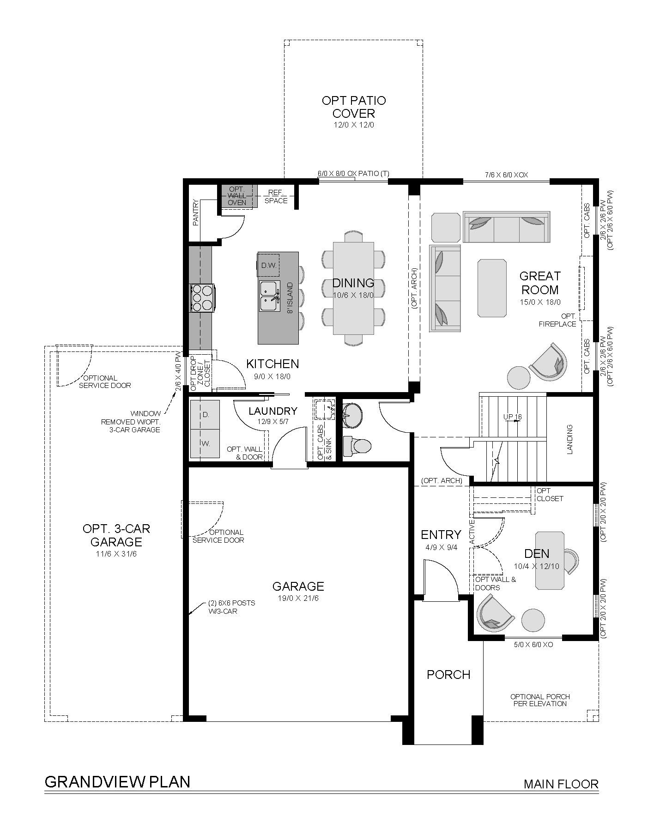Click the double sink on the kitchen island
pyautogui.click(x=269, y=296)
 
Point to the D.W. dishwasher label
pyautogui.click(x=268, y=266)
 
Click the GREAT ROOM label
pyautogui.click(x=539, y=283)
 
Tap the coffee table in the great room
pyautogui.click(x=492, y=288)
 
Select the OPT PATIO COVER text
pyautogui.click(x=353, y=107)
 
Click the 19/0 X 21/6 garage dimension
pyautogui.click(x=298, y=598)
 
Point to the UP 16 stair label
pyautogui.click(x=512, y=417)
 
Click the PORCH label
pyautogui.click(x=448, y=675)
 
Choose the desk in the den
pyautogui.click(x=550, y=560)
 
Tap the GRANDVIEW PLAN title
pyautogui.click(x=117, y=781)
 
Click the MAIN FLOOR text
pyautogui.click(x=561, y=784)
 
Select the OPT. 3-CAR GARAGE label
pyautogui.click(x=116, y=535)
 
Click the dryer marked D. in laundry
pyautogui.click(x=205, y=414)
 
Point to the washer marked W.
pyautogui.click(x=205, y=443)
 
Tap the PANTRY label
pyautogui.click(x=195, y=212)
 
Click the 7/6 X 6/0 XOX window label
pyautogui.click(x=507, y=175)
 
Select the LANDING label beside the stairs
pyautogui.click(x=569, y=439)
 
